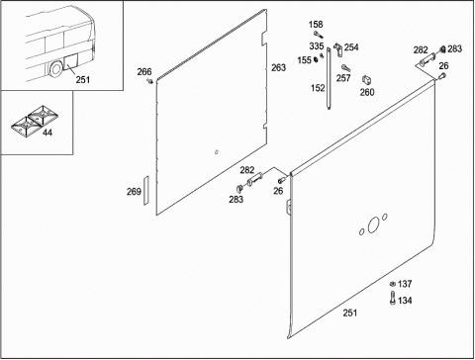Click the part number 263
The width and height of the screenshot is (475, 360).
tap(278, 67)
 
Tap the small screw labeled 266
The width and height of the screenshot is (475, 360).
tap(150, 80)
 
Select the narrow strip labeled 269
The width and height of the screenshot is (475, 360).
tap(145, 191)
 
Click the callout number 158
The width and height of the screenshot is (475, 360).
tap(316, 25)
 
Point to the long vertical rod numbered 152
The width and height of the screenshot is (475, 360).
tap(329, 78)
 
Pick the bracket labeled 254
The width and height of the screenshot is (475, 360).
tap(337, 48)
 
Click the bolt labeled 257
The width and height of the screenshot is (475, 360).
tap(346, 68)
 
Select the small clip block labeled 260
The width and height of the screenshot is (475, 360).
tap(367, 80)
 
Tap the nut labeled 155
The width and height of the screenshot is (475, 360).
tap(316, 59)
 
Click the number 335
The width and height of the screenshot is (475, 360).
tap(316, 46)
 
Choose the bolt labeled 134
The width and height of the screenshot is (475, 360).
tap(393, 298)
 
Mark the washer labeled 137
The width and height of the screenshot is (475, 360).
tap(393, 284)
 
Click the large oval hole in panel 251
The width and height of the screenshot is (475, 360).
tap(374, 225)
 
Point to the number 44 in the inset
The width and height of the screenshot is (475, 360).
tap(47, 133)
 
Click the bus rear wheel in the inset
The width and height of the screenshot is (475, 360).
tap(55, 68)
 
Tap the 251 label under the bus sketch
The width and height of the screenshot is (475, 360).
tap(83, 79)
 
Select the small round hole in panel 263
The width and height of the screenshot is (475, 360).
tap(217, 152)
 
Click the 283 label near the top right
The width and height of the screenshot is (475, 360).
tap(454, 48)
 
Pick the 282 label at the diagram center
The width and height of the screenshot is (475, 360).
tap(247, 170)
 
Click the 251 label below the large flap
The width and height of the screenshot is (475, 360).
tap(350, 313)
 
